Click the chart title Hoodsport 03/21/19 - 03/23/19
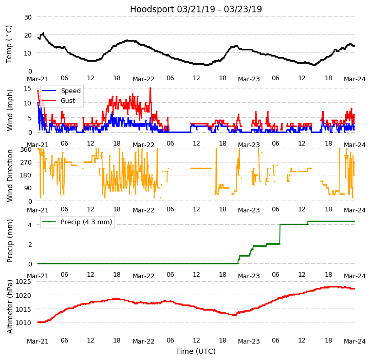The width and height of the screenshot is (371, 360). pos(196,9)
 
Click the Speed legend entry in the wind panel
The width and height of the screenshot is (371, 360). pos(70,91)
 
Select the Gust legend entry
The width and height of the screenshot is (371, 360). pos(68,101)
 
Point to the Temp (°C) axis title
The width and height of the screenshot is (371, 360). pos(9,44)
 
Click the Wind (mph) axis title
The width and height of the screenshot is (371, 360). pos(10,110)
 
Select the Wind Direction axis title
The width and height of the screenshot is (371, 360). pos(10,175)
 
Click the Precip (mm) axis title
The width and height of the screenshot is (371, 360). pos(10,241)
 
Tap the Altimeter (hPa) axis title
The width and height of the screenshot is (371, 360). pos(10,307)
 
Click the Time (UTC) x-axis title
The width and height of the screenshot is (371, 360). pos(196,351)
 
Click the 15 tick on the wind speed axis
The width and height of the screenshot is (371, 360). pos(28,88)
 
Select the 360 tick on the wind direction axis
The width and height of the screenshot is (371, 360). pos(26,150)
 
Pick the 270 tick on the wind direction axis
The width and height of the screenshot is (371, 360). pos(26,163)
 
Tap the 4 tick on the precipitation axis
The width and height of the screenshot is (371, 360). pos(29,224)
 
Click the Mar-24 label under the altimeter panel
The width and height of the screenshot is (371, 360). pos(355,341)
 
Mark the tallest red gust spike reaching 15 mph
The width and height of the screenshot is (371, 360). pos(151,88)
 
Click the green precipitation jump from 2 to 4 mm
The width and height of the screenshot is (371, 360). pos(280,234)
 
